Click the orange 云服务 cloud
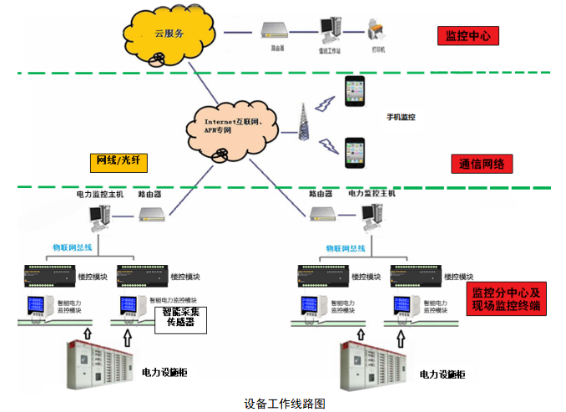[171, 34]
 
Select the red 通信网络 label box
[480, 163]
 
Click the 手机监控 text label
[402, 118]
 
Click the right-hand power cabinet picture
[373, 365]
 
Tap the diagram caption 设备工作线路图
[284, 403]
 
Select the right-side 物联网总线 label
[343, 248]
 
